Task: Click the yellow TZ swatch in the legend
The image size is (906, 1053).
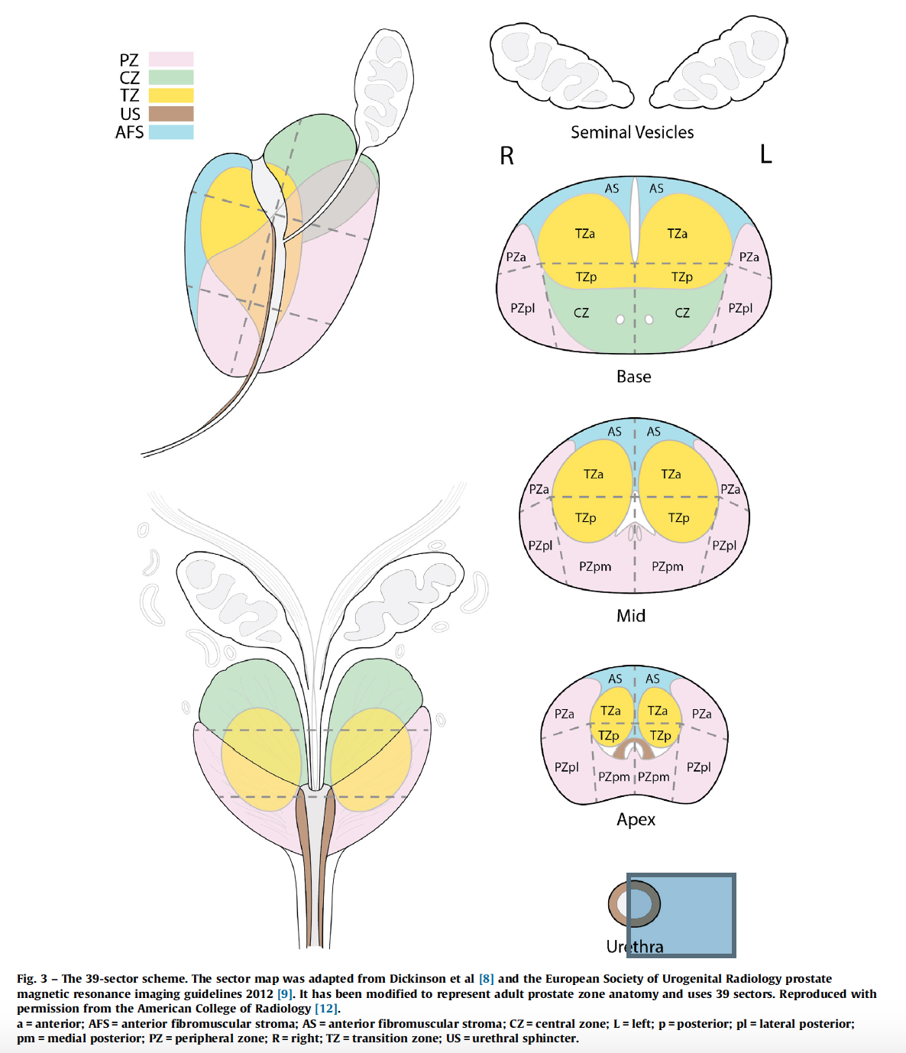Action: [x=170, y=96]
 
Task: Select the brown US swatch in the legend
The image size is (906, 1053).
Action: [x=170, y=114]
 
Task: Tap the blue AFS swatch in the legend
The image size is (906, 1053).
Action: [x=170, y=132]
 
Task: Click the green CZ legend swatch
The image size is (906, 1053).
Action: [x=170, y=77]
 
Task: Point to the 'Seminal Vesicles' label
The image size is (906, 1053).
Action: [x=632, y=132]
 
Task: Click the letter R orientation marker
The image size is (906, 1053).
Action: [x=506, y=156]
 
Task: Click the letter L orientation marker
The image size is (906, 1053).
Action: [x=765, y=154]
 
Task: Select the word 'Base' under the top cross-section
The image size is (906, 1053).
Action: [x=633, y=377]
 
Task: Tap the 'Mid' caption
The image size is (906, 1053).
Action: [x=631, y=616]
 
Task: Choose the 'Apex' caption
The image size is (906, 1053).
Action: [x=636, y=820]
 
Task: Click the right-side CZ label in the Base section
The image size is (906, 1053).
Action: [x=682, y=313]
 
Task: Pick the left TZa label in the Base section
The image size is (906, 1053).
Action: [x=585, y=234]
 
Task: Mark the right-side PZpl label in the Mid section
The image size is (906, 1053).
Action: [x=724, y=545]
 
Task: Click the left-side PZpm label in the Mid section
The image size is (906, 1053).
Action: [x=595, y=566]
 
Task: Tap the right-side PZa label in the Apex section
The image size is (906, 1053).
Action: [x=701, y=714]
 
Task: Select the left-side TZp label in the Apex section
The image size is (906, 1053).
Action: [x=609, y=735]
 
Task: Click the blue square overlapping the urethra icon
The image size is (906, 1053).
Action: [x=681, y=915]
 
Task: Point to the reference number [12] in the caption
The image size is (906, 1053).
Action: [x=326, y=1009]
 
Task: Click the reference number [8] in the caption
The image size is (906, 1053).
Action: [x=487, y=979]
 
